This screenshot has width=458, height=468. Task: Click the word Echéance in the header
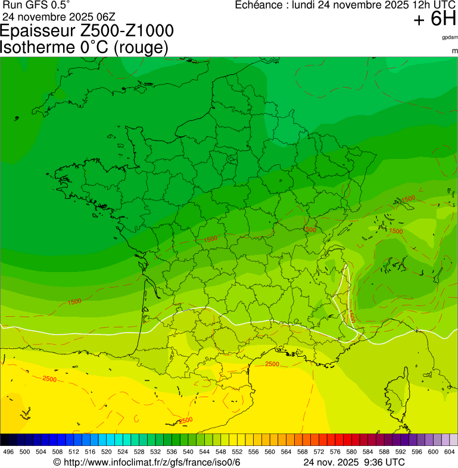(x=259, y=5)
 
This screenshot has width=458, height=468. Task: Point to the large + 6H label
(x=435, y=20)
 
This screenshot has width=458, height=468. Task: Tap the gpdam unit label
(x=450, y=38)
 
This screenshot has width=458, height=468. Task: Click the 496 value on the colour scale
(x=8, y=452)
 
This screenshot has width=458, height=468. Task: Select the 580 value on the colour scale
(x=351, y=452)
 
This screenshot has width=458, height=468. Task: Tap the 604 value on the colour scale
(x=449, y=452)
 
